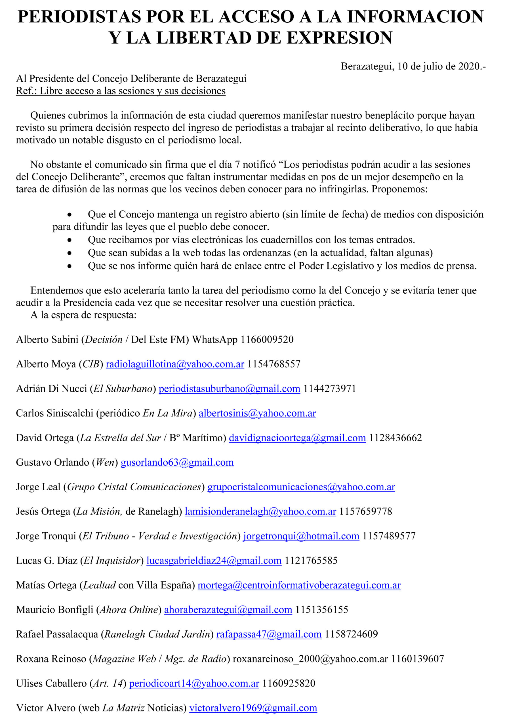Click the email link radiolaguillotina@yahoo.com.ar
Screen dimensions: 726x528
pos(175,364)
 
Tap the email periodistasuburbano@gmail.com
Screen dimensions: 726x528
pos(229,389)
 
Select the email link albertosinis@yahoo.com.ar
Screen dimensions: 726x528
pos(257,413)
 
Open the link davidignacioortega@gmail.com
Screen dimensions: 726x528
pos(297,438)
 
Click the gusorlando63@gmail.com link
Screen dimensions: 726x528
pos(177,462)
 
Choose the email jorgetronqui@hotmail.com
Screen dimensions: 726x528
pos(301,536)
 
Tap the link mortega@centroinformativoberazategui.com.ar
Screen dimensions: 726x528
pos(299,585)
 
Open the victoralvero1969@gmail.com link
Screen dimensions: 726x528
pos(253,708)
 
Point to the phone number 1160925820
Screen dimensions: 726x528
pos(289,683)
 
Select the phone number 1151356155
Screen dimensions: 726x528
pos(321,610)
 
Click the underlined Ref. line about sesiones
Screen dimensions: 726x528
pos(121,91)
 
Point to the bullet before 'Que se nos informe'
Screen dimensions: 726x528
pos(70,266)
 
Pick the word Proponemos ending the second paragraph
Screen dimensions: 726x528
pos(399,189)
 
